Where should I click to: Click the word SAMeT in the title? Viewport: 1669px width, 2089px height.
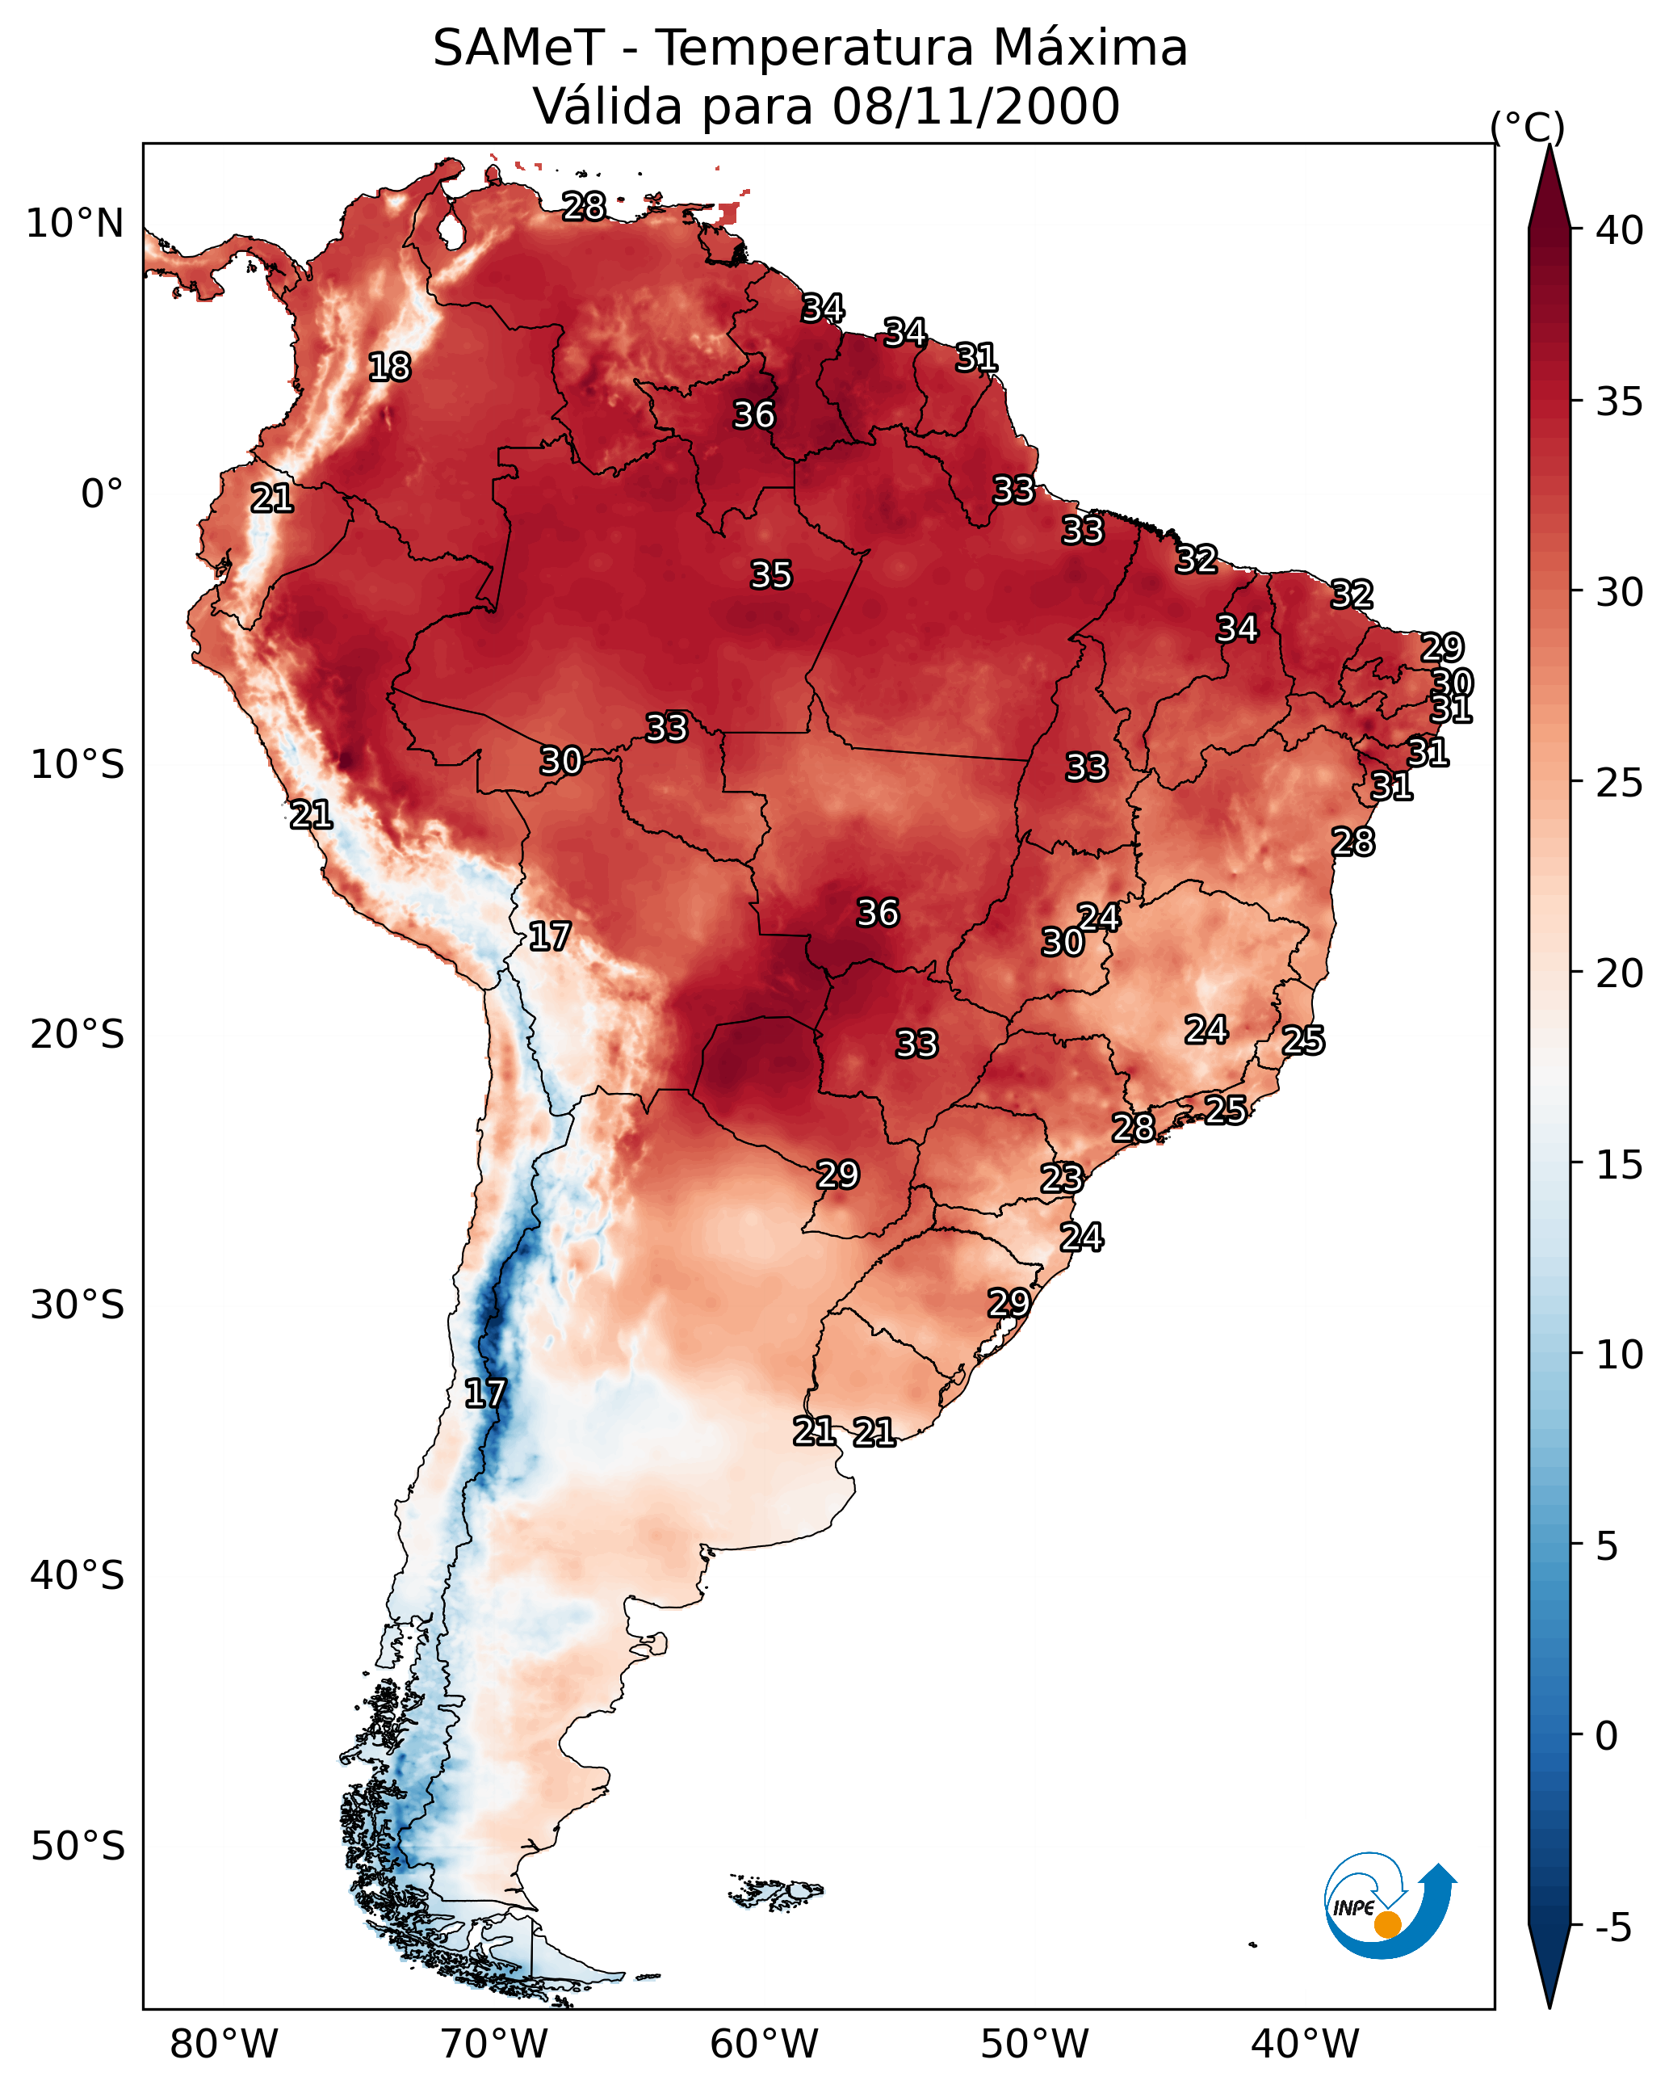point(518,48)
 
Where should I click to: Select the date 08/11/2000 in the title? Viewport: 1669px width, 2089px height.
point(975,107)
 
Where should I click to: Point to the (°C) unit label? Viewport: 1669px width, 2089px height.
point(1527,127)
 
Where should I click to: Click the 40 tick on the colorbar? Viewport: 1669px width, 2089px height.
point(1619,230)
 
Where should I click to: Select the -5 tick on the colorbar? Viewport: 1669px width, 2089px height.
point(1612,1928)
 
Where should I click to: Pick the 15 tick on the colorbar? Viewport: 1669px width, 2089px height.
point(1619,1165)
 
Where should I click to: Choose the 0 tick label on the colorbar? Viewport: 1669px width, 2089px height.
point(1606,1738)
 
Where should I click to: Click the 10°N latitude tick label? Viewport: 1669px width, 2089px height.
point(74,224)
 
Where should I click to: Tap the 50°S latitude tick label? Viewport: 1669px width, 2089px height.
point(78,1847)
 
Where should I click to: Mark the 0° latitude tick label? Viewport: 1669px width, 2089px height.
point(102,494)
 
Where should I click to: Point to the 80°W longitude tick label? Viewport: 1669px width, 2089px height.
point(224,2045)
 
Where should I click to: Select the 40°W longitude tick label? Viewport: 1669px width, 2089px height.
point(1305,2045)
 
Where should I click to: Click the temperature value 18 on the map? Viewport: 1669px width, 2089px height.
point(389,368)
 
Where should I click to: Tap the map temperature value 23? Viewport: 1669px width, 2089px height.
point(1062,1179)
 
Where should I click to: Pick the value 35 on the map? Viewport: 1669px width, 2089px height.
point(771,575)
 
